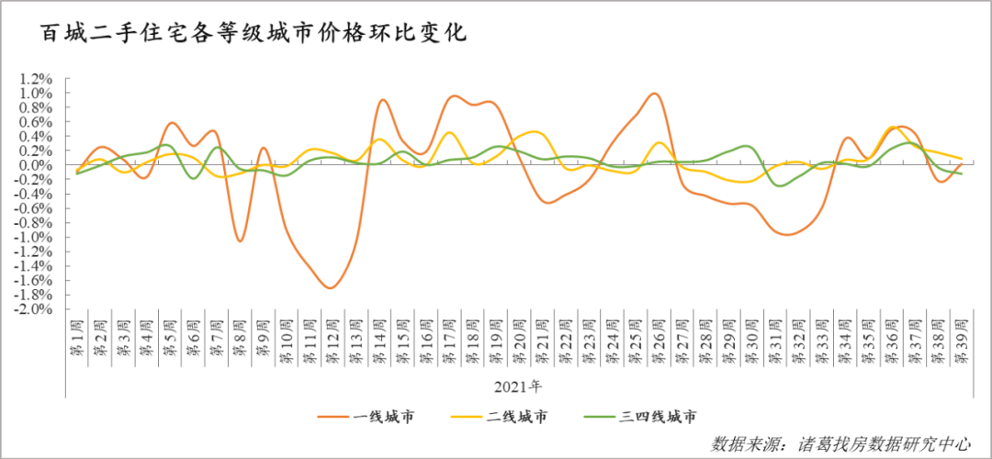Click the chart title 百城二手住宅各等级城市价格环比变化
(x=253, y=34)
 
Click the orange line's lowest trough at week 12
(x=331, y=288)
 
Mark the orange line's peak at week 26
(x=654, y=94)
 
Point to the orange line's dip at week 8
(x=240, y=241)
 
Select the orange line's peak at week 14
(x=383, y=100)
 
